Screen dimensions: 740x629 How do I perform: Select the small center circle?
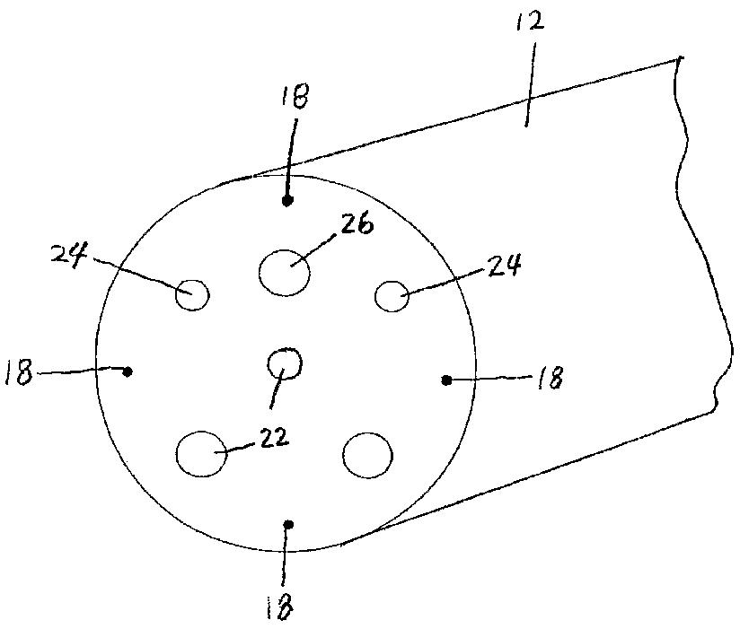[x=286, y=364]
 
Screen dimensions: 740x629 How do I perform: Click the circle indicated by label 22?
[x=201, y=455]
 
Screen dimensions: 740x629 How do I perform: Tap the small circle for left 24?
[x=192, y=294]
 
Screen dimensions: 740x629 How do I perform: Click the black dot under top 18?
[x=288, y=201]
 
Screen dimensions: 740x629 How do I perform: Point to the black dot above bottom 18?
[x=286, y=524]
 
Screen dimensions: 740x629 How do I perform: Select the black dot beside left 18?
[x=128, y=371]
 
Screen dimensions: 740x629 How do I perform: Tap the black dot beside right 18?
[x=446, y=380]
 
